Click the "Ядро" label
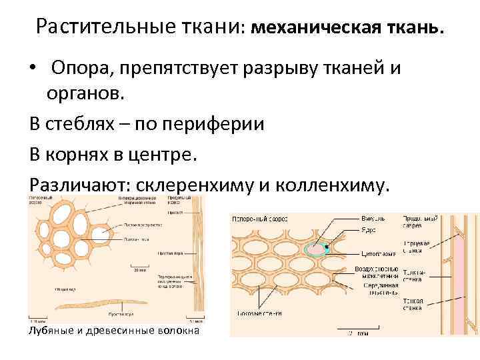[x=369, y=229]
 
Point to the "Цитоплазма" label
[x=377, y=254]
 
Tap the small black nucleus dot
[x=327, y=247]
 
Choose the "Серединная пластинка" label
[x=381, y=289]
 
